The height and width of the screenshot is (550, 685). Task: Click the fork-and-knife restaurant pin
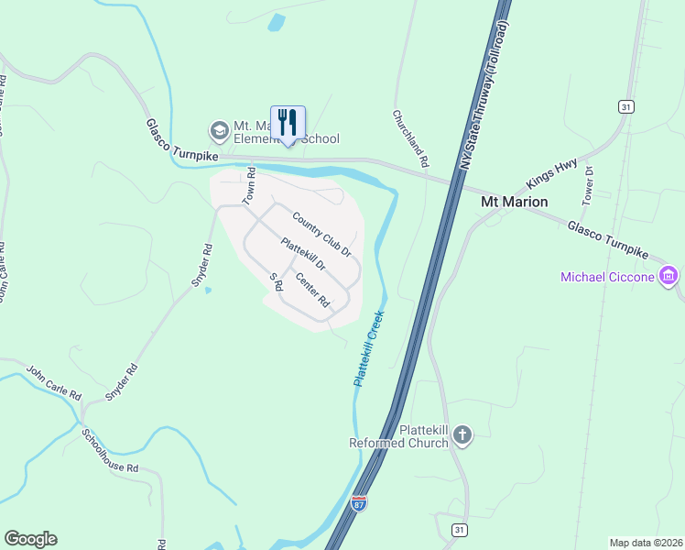click(x=288, y=122)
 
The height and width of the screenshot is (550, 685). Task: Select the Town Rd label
click(x=247, y=186)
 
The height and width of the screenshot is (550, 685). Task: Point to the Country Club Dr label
click(x=321, y=234)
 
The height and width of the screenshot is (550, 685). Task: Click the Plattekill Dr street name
click(x=303, y=255)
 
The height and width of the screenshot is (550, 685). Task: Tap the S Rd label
click(x=274, y=282)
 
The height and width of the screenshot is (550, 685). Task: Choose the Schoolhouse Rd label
click(x=110, y=450)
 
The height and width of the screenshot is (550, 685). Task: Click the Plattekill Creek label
click(x=367, y=347)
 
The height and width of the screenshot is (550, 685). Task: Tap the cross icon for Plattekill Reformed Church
click(x=462, y=434)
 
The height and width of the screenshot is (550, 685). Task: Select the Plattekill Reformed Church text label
click(x=399, y=436)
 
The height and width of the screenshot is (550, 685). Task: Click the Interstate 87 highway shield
click(x=360, y=504)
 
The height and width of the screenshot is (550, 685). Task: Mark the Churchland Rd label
click(x=411, y=138)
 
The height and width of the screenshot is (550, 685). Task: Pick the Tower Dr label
click(x=589, y=185)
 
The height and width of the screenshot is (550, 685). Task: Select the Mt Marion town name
click(x=515, y=202)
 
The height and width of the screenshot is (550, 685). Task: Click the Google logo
click(x=30, y=539)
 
